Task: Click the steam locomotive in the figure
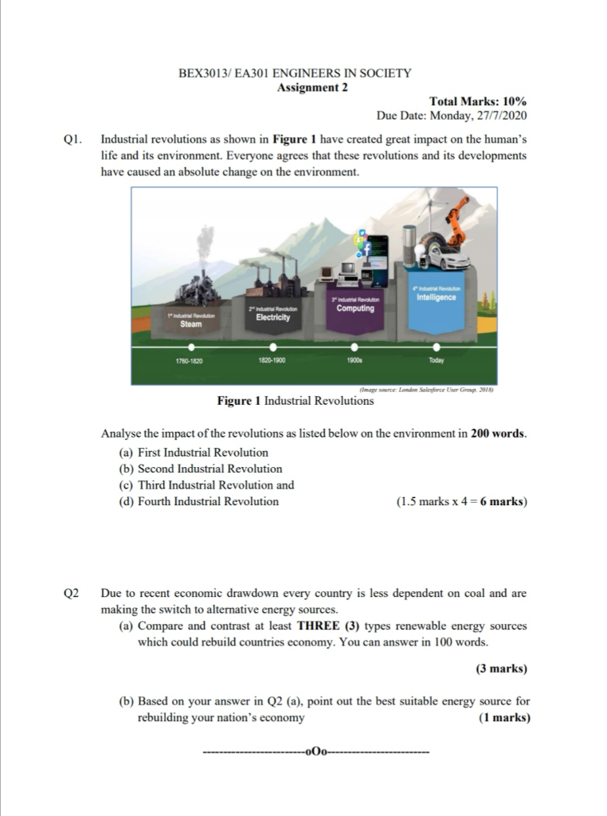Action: click(x=198, y=286)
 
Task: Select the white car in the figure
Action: click(x=446, y=255)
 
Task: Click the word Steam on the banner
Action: click(x=190, y=324)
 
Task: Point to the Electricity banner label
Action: click(x=272, y=317)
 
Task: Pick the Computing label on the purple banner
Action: click(x=355, y=308)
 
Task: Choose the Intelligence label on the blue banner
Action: click(x=436, y=297)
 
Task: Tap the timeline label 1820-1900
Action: click(x=272, y=360)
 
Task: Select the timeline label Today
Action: click(x=436, y=360)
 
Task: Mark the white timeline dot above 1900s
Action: click(x=354, y=347)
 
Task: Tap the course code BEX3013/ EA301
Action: click(x=225, y=73)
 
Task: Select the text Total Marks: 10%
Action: click(x=477, y=101)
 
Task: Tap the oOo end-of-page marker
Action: click(x=316, y=751)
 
